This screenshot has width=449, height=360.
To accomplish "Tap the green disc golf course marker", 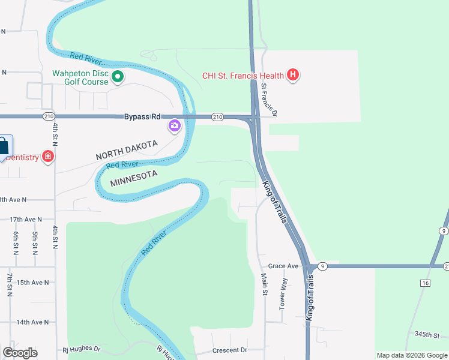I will pos(118,76).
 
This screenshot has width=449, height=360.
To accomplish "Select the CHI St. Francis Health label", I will pos(243,76).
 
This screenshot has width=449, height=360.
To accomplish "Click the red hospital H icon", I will pos(293,75).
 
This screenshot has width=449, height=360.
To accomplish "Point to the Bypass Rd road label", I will pos(143,116).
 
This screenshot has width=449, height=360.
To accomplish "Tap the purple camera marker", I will pos(175,126).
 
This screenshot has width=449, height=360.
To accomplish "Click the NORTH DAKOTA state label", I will pos(126,151).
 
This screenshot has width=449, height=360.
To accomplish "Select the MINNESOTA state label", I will pos(133,178).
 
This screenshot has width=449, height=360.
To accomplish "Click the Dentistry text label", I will pos(19,157).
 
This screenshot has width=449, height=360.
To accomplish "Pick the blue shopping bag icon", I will pos(4,146).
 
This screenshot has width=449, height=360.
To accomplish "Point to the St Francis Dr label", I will pos(270,99).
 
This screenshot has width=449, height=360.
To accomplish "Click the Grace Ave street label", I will pos(283,266).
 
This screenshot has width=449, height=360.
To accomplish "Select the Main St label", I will pos(263,284).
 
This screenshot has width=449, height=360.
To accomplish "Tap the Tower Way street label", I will pos(284,293).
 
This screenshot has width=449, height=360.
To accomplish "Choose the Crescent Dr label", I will pos(230,350).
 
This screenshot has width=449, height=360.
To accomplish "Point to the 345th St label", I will pos(427,334).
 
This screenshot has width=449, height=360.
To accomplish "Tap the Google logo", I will pos(20,353).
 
